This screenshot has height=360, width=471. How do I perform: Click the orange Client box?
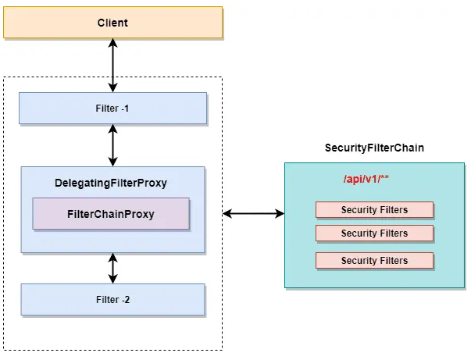click(x=112, y=23)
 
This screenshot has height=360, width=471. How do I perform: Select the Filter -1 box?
click(x=112, y=108)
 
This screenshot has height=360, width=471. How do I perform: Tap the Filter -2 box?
click(x=112, y=299)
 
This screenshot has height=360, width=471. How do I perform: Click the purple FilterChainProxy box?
click(x=110, y=213)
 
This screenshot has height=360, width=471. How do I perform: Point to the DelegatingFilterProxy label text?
click(x=111, y=184)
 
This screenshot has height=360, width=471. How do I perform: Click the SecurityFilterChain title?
click(x=374, y=148)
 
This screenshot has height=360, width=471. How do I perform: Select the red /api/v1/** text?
click(x=366, y=180)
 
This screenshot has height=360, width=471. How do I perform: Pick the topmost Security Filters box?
click(x=374, y=209)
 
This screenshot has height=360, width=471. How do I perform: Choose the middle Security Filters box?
click(x=374, y=233)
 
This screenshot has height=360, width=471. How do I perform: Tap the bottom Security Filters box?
click(x=374, y=260)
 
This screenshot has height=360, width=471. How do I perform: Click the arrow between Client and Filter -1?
click(x=113, y=66)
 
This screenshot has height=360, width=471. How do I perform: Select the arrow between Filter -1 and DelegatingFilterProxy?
click(x=113, y=145)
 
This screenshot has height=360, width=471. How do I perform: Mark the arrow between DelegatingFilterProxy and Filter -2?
click(x=113, y=268)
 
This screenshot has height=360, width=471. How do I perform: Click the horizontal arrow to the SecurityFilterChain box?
click(x=253, y=212)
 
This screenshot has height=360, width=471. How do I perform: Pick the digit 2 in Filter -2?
click(x=126, y=299)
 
